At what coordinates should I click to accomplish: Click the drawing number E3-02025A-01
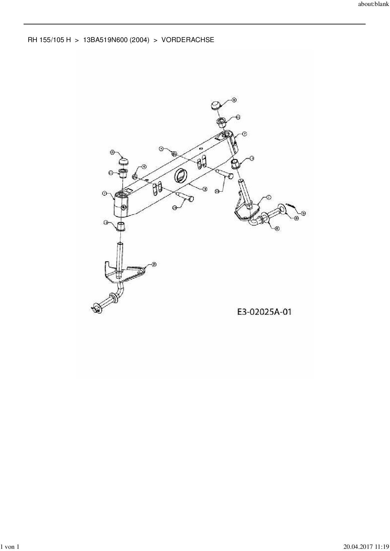[264, 312]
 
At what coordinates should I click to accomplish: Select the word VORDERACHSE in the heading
[188, 40]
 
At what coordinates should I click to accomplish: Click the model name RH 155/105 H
[49, 40]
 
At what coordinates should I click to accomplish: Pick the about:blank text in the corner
[373, 5]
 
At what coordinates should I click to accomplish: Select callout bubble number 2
[154, 265]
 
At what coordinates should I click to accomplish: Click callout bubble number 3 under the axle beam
[205, 189]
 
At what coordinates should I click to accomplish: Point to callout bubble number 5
[304, 213]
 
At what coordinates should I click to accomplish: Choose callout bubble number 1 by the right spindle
[269, 197]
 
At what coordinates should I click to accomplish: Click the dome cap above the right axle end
[215, 105]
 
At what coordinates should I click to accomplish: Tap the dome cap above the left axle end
[124, 161]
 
